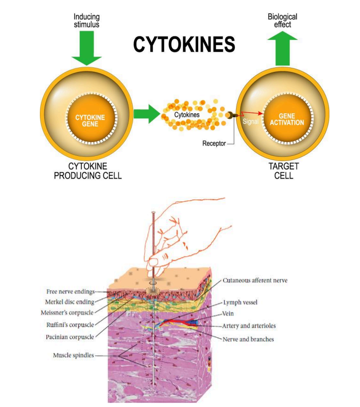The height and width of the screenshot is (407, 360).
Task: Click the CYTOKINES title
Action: tap(184, 44)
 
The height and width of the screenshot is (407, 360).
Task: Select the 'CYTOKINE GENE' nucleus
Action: tap(90, 121)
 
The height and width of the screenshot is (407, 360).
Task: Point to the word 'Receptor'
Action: tap(214, 143)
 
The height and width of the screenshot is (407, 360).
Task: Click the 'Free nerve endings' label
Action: tap(71, 291)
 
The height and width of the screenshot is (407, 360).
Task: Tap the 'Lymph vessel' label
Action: tap(240, 302)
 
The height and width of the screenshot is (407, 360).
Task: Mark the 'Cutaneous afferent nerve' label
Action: tap(255, 281)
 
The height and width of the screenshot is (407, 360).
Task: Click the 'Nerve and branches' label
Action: tap(248, 339)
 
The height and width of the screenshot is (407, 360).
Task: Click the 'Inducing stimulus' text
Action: tap(86, 21)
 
